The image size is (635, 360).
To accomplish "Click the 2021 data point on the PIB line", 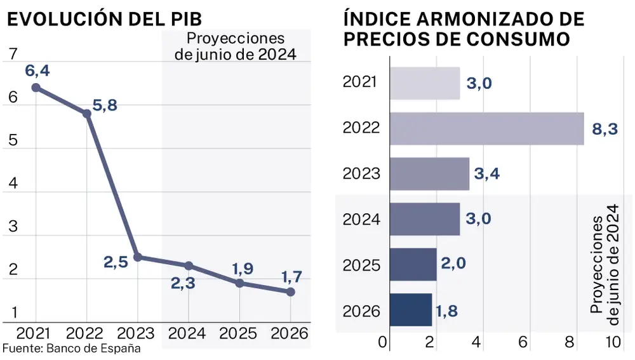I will (x=36, y=88).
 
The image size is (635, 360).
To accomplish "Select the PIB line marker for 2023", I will (x=137, y=257).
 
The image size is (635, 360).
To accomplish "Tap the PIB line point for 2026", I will (x=290, y=291).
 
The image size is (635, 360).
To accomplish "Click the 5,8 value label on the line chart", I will (x=105, y=106).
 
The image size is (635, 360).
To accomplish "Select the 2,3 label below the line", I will (x=183, y=284).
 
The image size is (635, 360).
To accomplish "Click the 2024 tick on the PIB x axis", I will (x=187, y=333).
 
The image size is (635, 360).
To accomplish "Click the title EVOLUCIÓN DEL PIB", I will (x=104, y=18).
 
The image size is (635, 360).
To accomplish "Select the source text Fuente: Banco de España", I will (x=71, y=349).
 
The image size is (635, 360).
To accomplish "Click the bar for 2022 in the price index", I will (x=486, y=128).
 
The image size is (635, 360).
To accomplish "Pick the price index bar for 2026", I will (x=411, y=310).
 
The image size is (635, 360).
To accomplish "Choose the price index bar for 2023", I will (x=429, y=174).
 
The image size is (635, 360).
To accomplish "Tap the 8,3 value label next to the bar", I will (x=605, y=129).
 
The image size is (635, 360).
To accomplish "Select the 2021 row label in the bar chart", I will (x=360, y=82).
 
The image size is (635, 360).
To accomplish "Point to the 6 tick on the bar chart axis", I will (x=524, y=342).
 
